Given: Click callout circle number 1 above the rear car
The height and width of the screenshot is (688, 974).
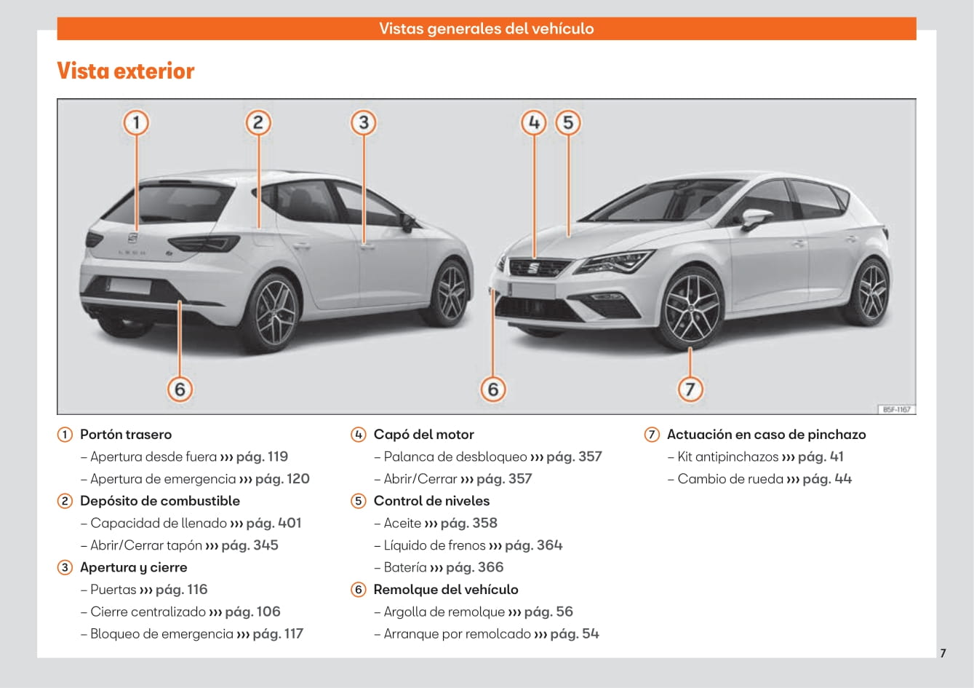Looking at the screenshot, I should (x=136, y=122).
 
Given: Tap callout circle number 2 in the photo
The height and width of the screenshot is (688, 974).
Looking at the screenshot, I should (x=258, y=122).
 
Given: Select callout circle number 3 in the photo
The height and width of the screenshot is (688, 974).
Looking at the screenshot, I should (x=364, y=122).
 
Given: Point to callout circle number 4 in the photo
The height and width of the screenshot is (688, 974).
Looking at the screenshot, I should (x=534, y=122).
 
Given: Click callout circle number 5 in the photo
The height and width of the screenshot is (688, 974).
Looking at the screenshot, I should (x=568, y=122).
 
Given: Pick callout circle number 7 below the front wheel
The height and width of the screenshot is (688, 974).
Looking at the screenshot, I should (x=690, y=389).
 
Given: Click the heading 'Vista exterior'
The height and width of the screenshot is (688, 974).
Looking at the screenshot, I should (x=126, y=71).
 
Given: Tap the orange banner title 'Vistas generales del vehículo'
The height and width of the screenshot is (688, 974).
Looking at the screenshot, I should (x=486, y=28).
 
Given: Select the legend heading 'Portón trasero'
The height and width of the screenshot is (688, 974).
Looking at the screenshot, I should (x=126, y=435).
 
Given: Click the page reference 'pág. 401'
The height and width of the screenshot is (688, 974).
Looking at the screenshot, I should (x=274, y=523).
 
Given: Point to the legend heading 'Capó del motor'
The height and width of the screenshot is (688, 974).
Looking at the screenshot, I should (x=423, y=435).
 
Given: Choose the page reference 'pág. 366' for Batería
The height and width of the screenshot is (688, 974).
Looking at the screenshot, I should (x=474, y=567).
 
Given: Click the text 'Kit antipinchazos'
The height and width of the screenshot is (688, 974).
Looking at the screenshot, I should (x=727, y=456).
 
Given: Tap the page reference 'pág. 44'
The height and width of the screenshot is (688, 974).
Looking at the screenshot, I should (x=827, y=478).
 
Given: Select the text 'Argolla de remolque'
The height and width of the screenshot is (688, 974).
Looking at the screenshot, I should (x=444, y=612).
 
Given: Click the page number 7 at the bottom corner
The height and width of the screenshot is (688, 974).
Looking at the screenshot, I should (x=943, y=653).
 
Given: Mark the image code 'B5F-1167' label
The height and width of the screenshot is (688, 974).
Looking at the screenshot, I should (x=896, y=409).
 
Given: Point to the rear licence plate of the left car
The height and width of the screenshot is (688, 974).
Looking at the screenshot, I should (x=129, y=285).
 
